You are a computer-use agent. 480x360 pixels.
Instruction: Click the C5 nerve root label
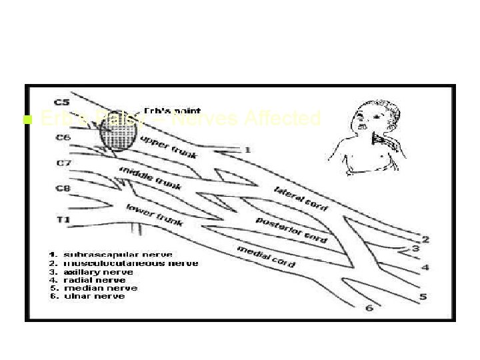click(62, 102)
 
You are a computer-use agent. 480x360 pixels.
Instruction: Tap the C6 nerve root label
click(63, 137)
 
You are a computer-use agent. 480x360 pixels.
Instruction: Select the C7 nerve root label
click(63, 163)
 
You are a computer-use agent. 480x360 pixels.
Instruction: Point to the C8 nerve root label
click(63, 189)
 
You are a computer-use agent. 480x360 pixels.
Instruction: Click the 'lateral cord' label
click(301, 198)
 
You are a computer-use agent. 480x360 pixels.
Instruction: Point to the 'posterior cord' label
click(291, 228)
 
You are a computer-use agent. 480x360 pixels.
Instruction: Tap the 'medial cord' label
click(266, 256)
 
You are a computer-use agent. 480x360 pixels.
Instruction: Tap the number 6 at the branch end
click(369, 308)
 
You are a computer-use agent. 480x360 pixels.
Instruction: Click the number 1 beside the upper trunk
click(247, 150)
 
